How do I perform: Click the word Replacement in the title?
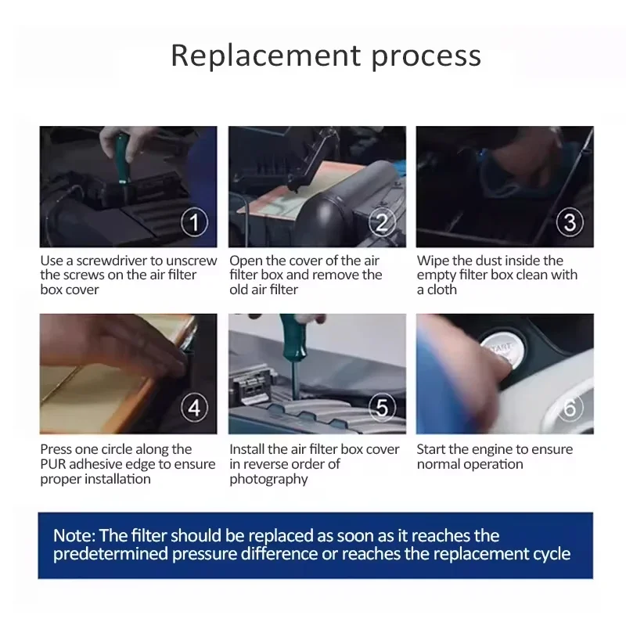tap(266, 56)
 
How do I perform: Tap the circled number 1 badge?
tap(194, 222)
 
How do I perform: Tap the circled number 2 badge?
tap(382, 222)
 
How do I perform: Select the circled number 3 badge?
tap(570, 222)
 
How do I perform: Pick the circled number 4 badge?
tap(194, 408)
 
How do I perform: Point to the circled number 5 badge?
tap(382, 408)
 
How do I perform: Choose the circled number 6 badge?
tap(570, 408)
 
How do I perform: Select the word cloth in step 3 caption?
tap(442, 290)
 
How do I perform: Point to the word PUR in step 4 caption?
tap(51, 464)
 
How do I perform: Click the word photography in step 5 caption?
tap(268, 480)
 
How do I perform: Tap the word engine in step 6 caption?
tap(494, 451)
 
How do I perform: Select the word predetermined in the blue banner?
tap(110, 555)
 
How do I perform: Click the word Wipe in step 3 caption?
tap(433, 261)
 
